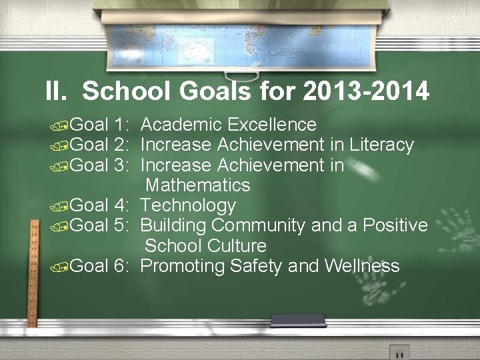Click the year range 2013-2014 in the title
coord(365,91)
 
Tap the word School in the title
coord(123,91)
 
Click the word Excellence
coord(271,125)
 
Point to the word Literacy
coord(382,145)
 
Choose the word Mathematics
coord(198,185)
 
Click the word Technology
coord(189,205)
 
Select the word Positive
coord(395,225)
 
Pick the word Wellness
coord(362,266)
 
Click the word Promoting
coord(183,266)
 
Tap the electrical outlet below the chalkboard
coord(399,353)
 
